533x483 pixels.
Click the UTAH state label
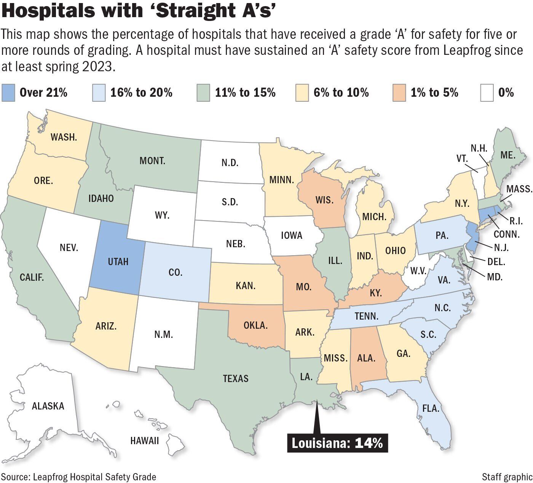118,262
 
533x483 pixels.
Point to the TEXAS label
236,378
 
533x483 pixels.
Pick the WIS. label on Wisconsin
324,200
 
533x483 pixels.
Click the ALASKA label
48,406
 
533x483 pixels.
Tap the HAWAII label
144,441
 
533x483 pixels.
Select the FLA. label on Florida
431,409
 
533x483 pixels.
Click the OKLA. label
255,325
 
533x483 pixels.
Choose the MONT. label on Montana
152,160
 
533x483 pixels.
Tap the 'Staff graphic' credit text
507,477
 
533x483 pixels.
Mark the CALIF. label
32,277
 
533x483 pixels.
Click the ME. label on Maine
508,155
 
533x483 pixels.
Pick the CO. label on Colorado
175,272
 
